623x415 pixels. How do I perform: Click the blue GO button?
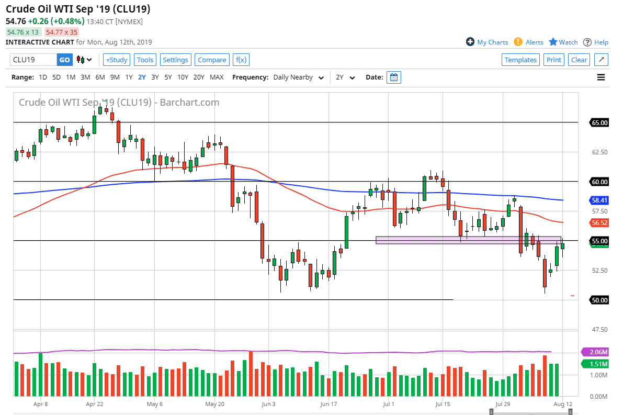point(64,60)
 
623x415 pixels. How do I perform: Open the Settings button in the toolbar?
point(175,60)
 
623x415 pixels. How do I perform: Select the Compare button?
point(212,60)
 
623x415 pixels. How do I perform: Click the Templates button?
point(520,60)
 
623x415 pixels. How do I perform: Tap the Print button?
point(553,60)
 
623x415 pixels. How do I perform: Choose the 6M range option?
point(100,77)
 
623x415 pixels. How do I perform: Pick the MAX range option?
point(217,77)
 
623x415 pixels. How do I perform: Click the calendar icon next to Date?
point(394,77)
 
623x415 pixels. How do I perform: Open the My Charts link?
point(487,42)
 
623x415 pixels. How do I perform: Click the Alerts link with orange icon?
point(529,42)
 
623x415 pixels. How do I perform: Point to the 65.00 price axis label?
point(599,123)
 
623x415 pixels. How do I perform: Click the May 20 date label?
point(214,404)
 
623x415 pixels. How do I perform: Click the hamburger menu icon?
point(601,77)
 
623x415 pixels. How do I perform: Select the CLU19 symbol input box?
point(33,60)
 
